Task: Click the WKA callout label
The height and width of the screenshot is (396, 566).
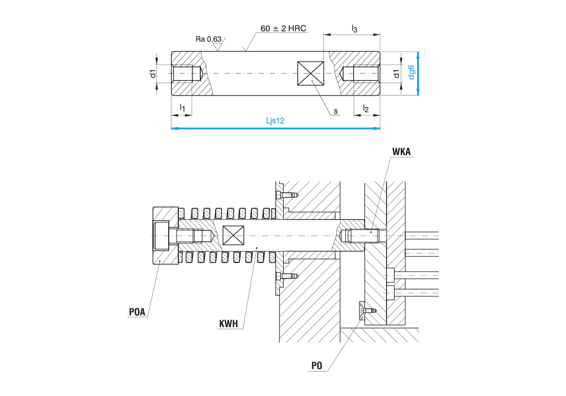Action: click(x=401, y=152)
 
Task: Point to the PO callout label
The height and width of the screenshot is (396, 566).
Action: click(x=317, y=366)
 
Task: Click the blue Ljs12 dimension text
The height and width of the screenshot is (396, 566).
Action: click(x=275, y=120)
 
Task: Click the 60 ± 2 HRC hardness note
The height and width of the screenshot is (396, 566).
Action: click(x=283, y=28)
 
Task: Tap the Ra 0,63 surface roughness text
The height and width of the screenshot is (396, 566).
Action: click(x=208, y=39)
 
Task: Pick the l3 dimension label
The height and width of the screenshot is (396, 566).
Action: click(x=354, y=28)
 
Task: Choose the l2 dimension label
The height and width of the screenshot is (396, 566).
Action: click(x=366, y=108)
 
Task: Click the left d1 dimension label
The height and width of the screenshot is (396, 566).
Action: click(x=152, y=74)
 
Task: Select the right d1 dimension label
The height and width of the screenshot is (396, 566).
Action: click(x=396, y=74)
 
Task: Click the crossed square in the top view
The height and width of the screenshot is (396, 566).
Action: click(x=311, y=74)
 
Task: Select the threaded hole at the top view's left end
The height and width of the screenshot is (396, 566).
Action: click(x=187, y=74)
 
